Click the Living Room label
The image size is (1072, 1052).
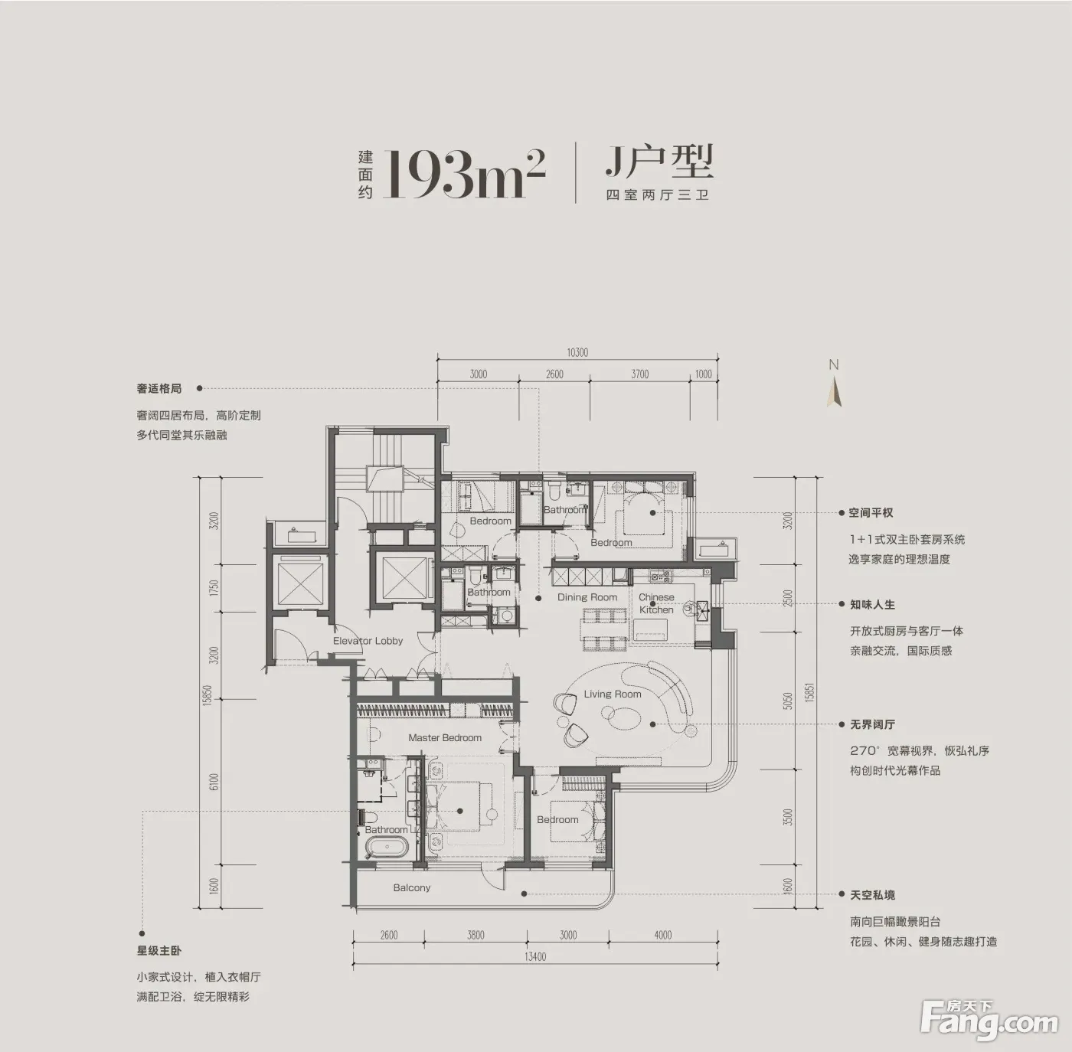[613, 694]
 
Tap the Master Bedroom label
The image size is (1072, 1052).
[444, 737]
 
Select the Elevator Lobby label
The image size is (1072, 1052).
[368, 640]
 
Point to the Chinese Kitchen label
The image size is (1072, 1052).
[656, 603]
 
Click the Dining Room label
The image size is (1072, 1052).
[587, 597]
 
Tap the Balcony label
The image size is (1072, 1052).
[412, 887]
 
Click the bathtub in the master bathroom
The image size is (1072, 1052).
[387, 849]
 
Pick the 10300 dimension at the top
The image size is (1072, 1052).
[577, 353]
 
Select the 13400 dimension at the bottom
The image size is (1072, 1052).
[535, 956]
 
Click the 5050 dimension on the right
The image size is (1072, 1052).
[786, 701]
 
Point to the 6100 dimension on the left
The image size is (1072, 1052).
[214, 781]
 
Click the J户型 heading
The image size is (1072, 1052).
[659, 161]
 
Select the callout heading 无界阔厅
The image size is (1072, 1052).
[872, 724]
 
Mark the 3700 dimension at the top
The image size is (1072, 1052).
[639, 374]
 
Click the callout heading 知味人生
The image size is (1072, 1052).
[872, 604]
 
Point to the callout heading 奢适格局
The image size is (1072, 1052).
[159, 388]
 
